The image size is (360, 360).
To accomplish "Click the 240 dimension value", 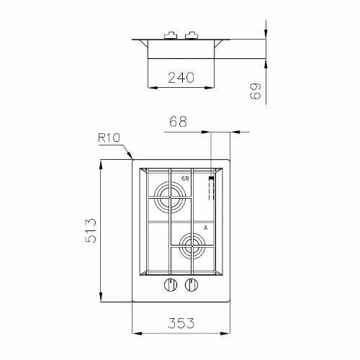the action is coord(181,77).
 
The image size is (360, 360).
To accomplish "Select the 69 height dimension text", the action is coord(255,91).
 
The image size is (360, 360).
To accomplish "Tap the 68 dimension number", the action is coord(178,122).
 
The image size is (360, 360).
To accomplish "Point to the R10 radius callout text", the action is coord(109,138).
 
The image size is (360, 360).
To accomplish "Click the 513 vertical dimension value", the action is coord(91,230).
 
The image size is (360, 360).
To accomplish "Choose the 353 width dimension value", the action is coord(181,323).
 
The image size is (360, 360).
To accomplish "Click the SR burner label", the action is coord(185,179).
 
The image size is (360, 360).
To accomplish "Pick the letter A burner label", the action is coord(205,228).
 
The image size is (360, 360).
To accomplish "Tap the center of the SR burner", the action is coord(170,197).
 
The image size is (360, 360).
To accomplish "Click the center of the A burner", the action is coord(192,246).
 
